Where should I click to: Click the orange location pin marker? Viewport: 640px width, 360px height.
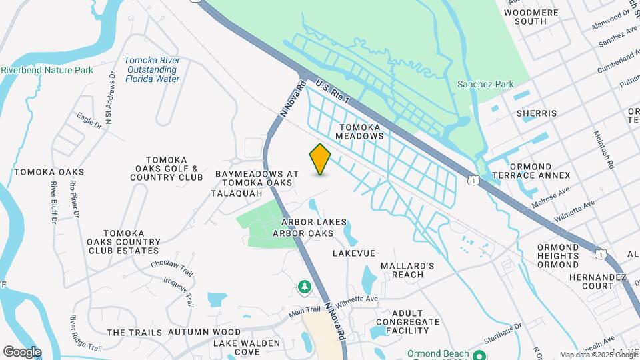(x=320, y=159)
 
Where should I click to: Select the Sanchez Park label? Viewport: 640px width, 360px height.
(x=485, y=84)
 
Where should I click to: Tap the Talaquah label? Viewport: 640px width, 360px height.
(x=233, y=193)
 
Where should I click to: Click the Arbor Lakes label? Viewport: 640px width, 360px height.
(x=313, y=222)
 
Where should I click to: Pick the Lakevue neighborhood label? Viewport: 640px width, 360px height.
(x=354, y=253)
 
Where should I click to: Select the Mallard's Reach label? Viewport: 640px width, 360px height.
(x=407, y=270)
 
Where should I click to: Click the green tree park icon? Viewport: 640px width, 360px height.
(x=304, y=287)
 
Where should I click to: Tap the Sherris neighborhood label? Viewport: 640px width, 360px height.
(x=536, y=113)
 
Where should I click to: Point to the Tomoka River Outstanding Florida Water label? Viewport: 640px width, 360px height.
(x=152, y=69)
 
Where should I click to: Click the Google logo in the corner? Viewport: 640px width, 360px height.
(x=22, y=351)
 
